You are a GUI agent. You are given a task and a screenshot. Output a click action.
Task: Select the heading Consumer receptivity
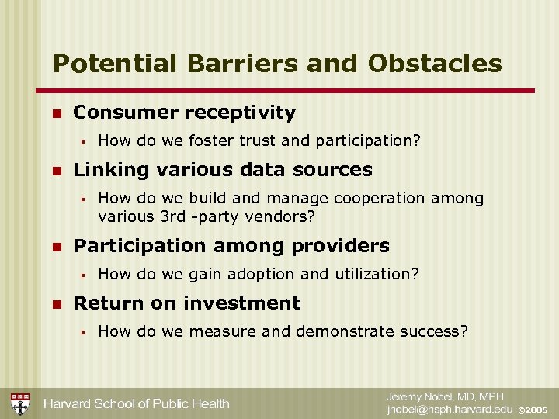(184, 113)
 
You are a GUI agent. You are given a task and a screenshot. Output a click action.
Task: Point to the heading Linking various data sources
(222, 169)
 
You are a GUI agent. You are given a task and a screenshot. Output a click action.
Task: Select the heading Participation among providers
(231, 246)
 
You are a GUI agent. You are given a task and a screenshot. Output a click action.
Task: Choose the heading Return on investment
(186, 303)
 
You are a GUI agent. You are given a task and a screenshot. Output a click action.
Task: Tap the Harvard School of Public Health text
(136, 403)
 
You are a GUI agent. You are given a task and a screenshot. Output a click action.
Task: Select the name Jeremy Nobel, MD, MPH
(446, 396)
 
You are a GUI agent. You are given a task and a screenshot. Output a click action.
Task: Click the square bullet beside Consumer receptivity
(55, 113)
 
